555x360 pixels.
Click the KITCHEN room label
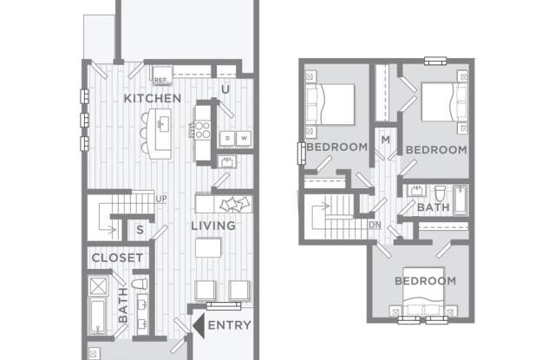(153, 98)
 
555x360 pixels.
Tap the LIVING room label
(213, 226)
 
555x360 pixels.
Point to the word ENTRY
(230, 326)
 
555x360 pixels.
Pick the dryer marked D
(227, 138)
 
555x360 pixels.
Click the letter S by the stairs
(139, 229)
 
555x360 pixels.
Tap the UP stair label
(161, 199)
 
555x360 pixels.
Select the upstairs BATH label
(433, 208)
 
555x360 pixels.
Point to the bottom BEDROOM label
(425, 281)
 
